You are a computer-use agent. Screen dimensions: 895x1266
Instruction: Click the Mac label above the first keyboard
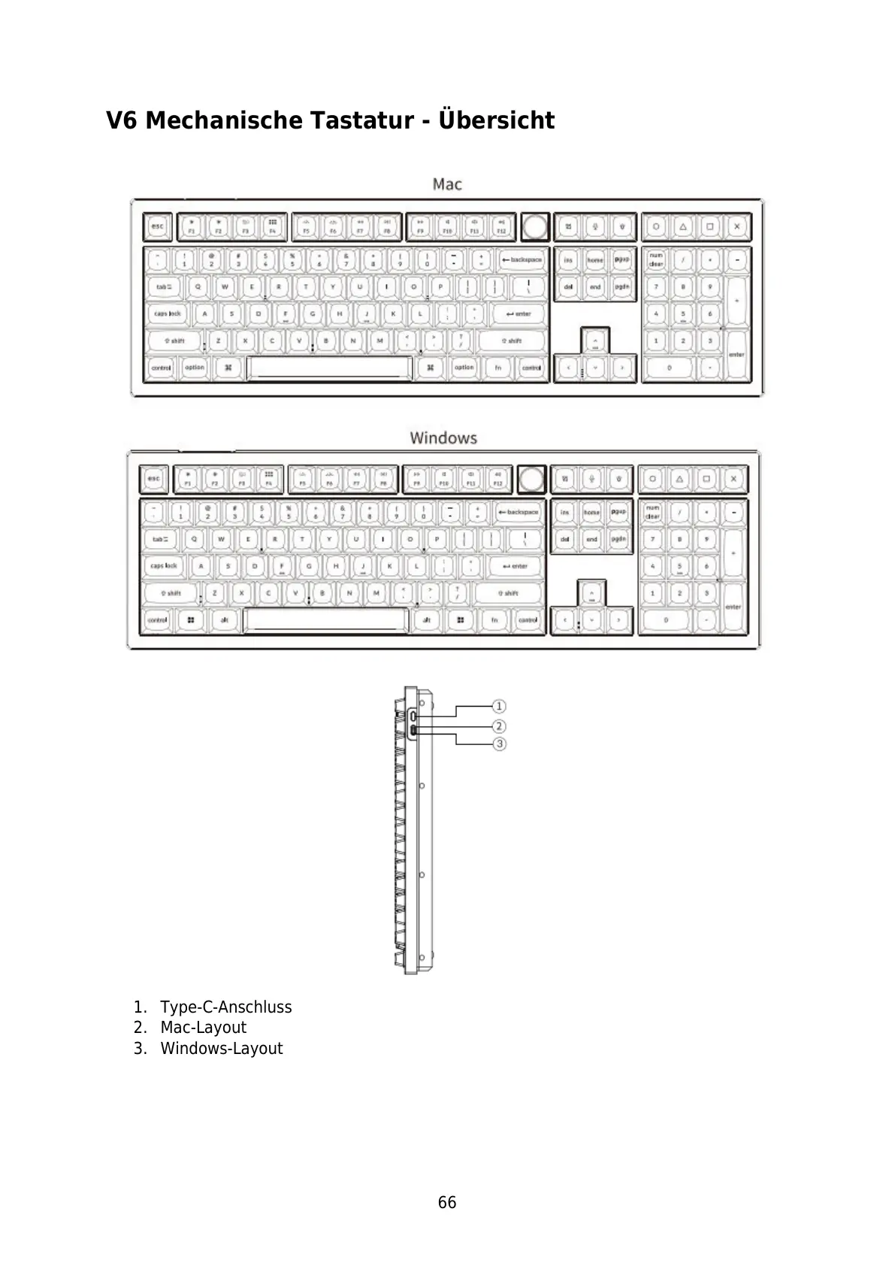point(447,184)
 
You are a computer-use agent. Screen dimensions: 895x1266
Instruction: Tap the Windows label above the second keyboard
point(443,438)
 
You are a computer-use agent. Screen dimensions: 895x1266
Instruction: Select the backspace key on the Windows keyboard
point(519,512)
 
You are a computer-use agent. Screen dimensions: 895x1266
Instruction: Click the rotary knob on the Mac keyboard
point(534,226)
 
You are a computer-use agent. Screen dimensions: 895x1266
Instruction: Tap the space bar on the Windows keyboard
point(325,620)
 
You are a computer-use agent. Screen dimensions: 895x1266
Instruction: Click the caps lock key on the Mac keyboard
point(168,313)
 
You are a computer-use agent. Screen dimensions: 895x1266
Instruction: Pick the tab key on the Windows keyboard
point(162,539)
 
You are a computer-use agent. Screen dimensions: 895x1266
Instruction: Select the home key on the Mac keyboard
point(595,260)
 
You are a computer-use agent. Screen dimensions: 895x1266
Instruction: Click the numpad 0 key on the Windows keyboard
point(666,620)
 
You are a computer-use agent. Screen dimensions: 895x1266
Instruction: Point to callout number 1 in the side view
point(499,706)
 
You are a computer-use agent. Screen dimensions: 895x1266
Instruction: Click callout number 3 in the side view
point(499,744)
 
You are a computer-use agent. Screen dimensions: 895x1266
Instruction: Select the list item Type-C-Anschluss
point(225,1007)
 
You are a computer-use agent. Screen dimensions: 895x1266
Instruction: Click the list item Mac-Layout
point(203,1028)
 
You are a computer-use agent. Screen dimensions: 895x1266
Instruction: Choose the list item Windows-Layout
point(221,1049)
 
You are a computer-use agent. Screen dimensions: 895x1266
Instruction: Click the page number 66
point(447,1203)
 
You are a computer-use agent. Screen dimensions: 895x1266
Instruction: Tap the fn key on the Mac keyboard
point(497,368)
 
